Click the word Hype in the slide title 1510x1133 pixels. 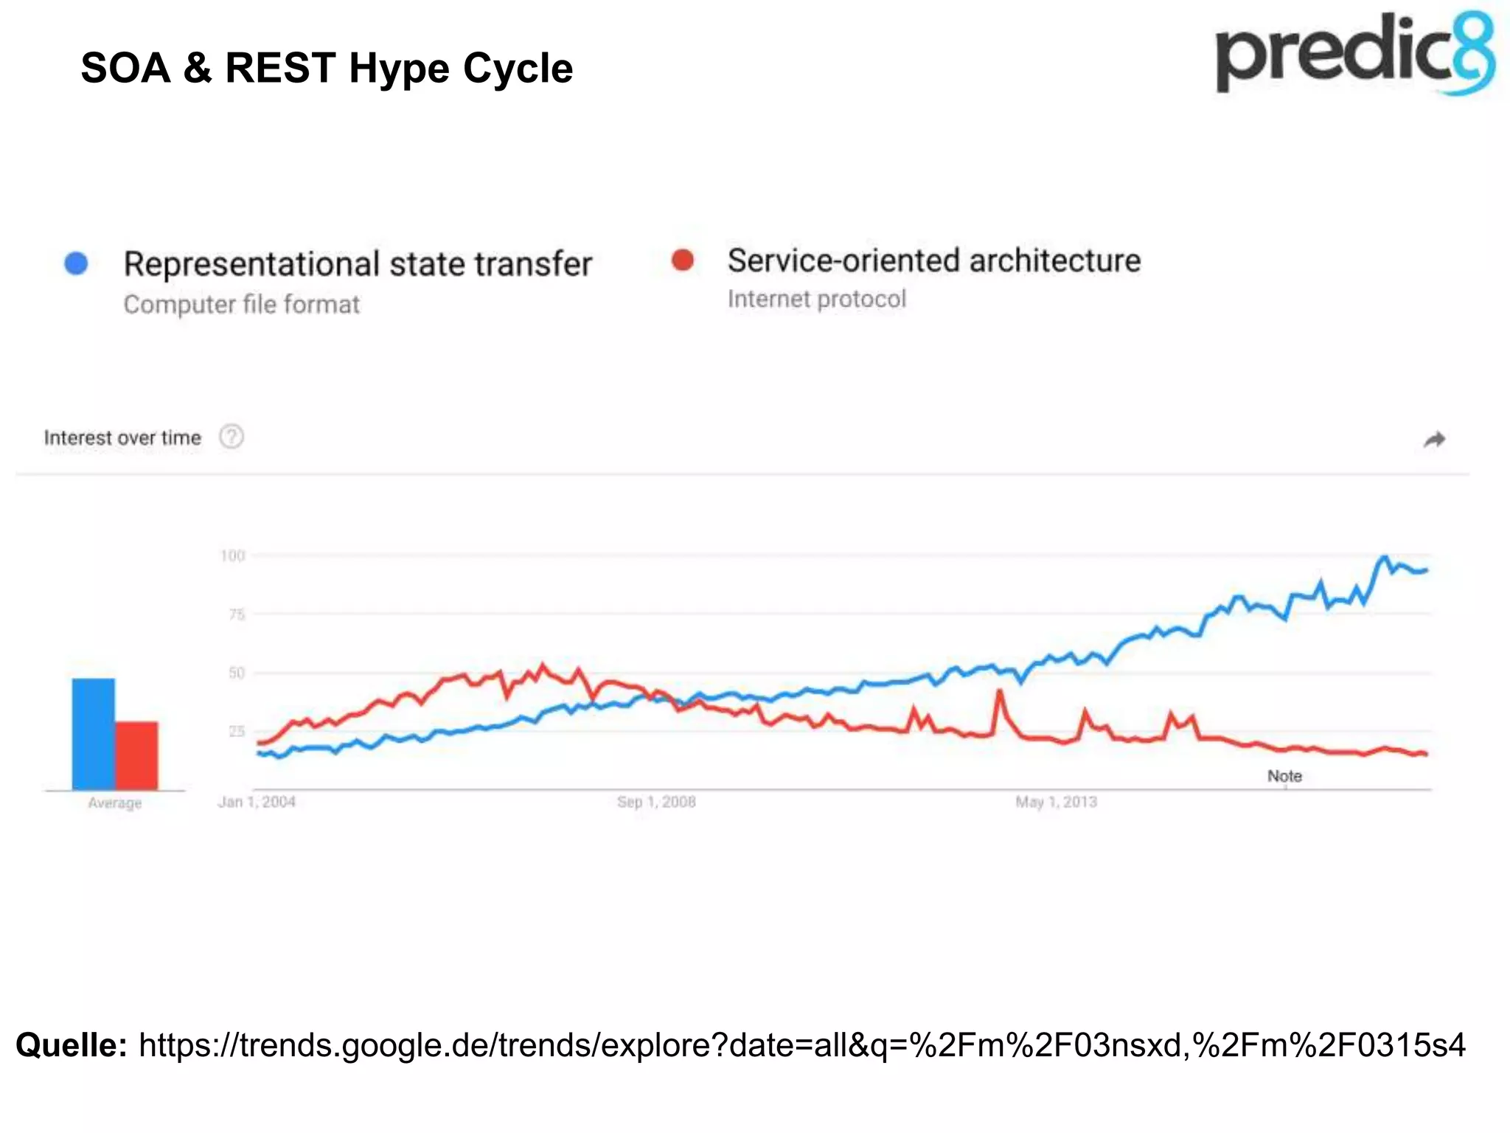point(398,69)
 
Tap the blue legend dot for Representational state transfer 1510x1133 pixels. point(77,263)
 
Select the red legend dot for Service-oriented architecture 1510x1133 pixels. point(683,260)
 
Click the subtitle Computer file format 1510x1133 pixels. point(241,305)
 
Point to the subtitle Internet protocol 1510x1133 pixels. point(816,299)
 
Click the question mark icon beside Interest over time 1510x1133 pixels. point(232,437)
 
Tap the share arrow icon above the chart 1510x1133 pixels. point(1433,440)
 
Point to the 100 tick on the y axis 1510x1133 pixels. point(232,555)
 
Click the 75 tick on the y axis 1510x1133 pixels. point(236,614)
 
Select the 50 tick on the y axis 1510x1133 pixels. point(236,673)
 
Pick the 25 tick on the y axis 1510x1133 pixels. point(236,731)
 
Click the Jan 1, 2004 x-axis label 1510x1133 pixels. point(257,802)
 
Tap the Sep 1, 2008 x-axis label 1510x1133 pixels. point(656,802)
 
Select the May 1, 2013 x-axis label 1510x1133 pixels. point(1056,802)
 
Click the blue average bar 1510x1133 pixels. point(93,734)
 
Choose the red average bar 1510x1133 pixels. point(136,755)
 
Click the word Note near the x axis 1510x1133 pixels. point(1284,776)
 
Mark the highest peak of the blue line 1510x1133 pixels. point(1384,558)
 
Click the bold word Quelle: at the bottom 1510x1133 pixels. point(72,1045)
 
